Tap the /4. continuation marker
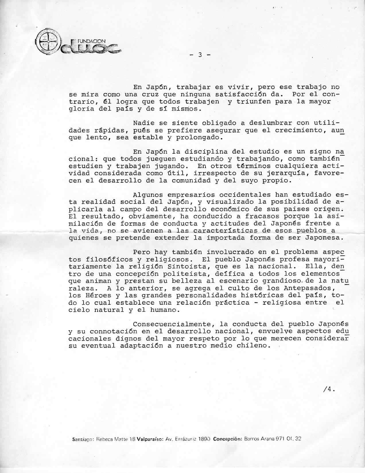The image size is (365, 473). tap(329, 389)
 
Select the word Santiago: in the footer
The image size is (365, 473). tap(84, 439)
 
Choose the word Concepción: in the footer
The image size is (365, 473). tap(228, 439)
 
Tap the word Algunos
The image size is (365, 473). tap(148, 195)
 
